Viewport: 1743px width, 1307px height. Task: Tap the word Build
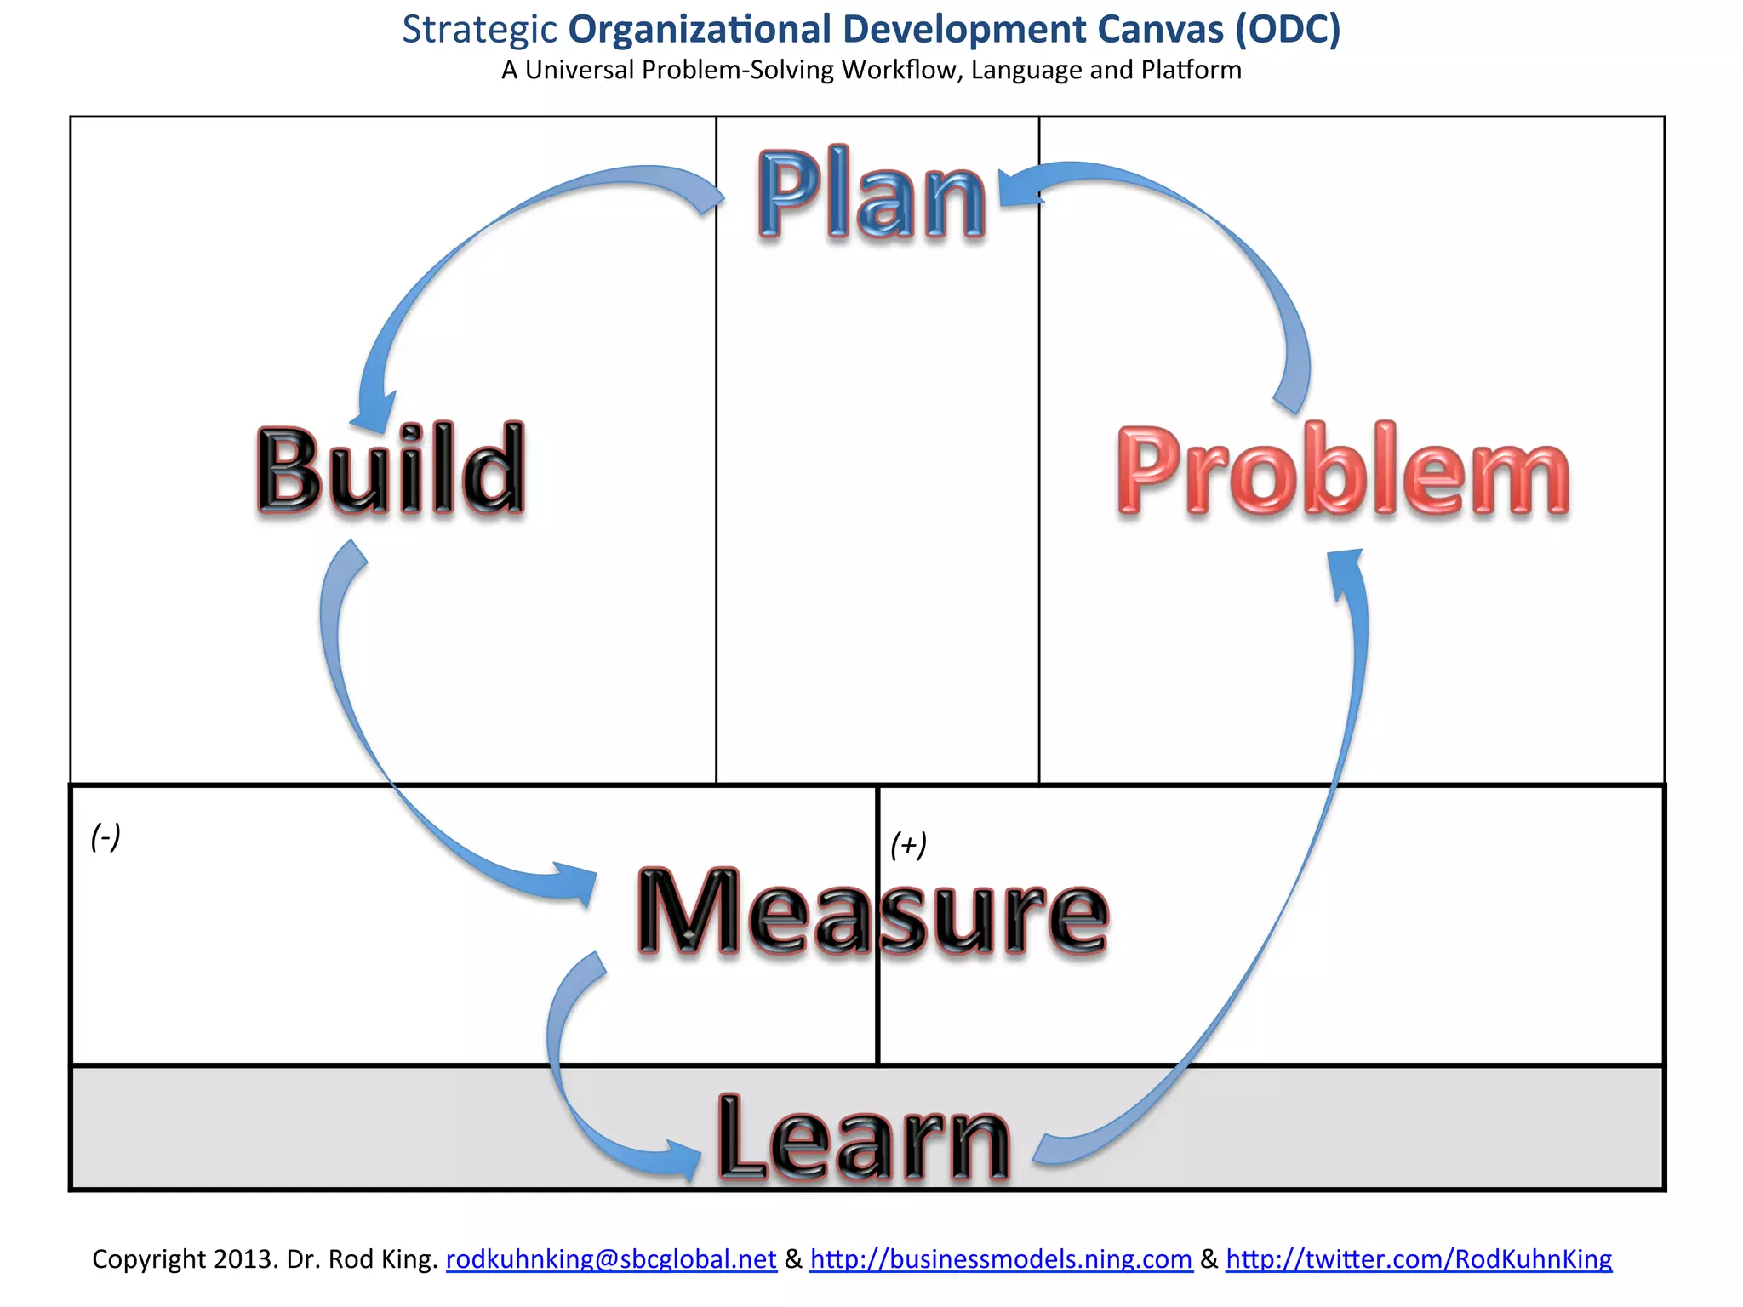[x=391, y=470]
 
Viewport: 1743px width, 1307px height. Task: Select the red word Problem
[x=1343, y=471]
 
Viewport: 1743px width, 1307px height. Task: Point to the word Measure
[x=872, y=912]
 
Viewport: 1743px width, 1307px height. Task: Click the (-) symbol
[x=106, y=836]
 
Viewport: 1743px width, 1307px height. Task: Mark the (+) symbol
[x=908, y=845]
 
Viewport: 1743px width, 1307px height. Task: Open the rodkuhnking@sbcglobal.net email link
[x=611, y=1259]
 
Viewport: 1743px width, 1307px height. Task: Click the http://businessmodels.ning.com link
[x=1001, y=1259]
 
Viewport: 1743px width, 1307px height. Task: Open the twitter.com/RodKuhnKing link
[x=1419, y=1259]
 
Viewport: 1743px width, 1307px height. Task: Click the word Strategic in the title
[x=479, y=30]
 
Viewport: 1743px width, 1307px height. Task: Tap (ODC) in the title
[x=1288, y=30]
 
